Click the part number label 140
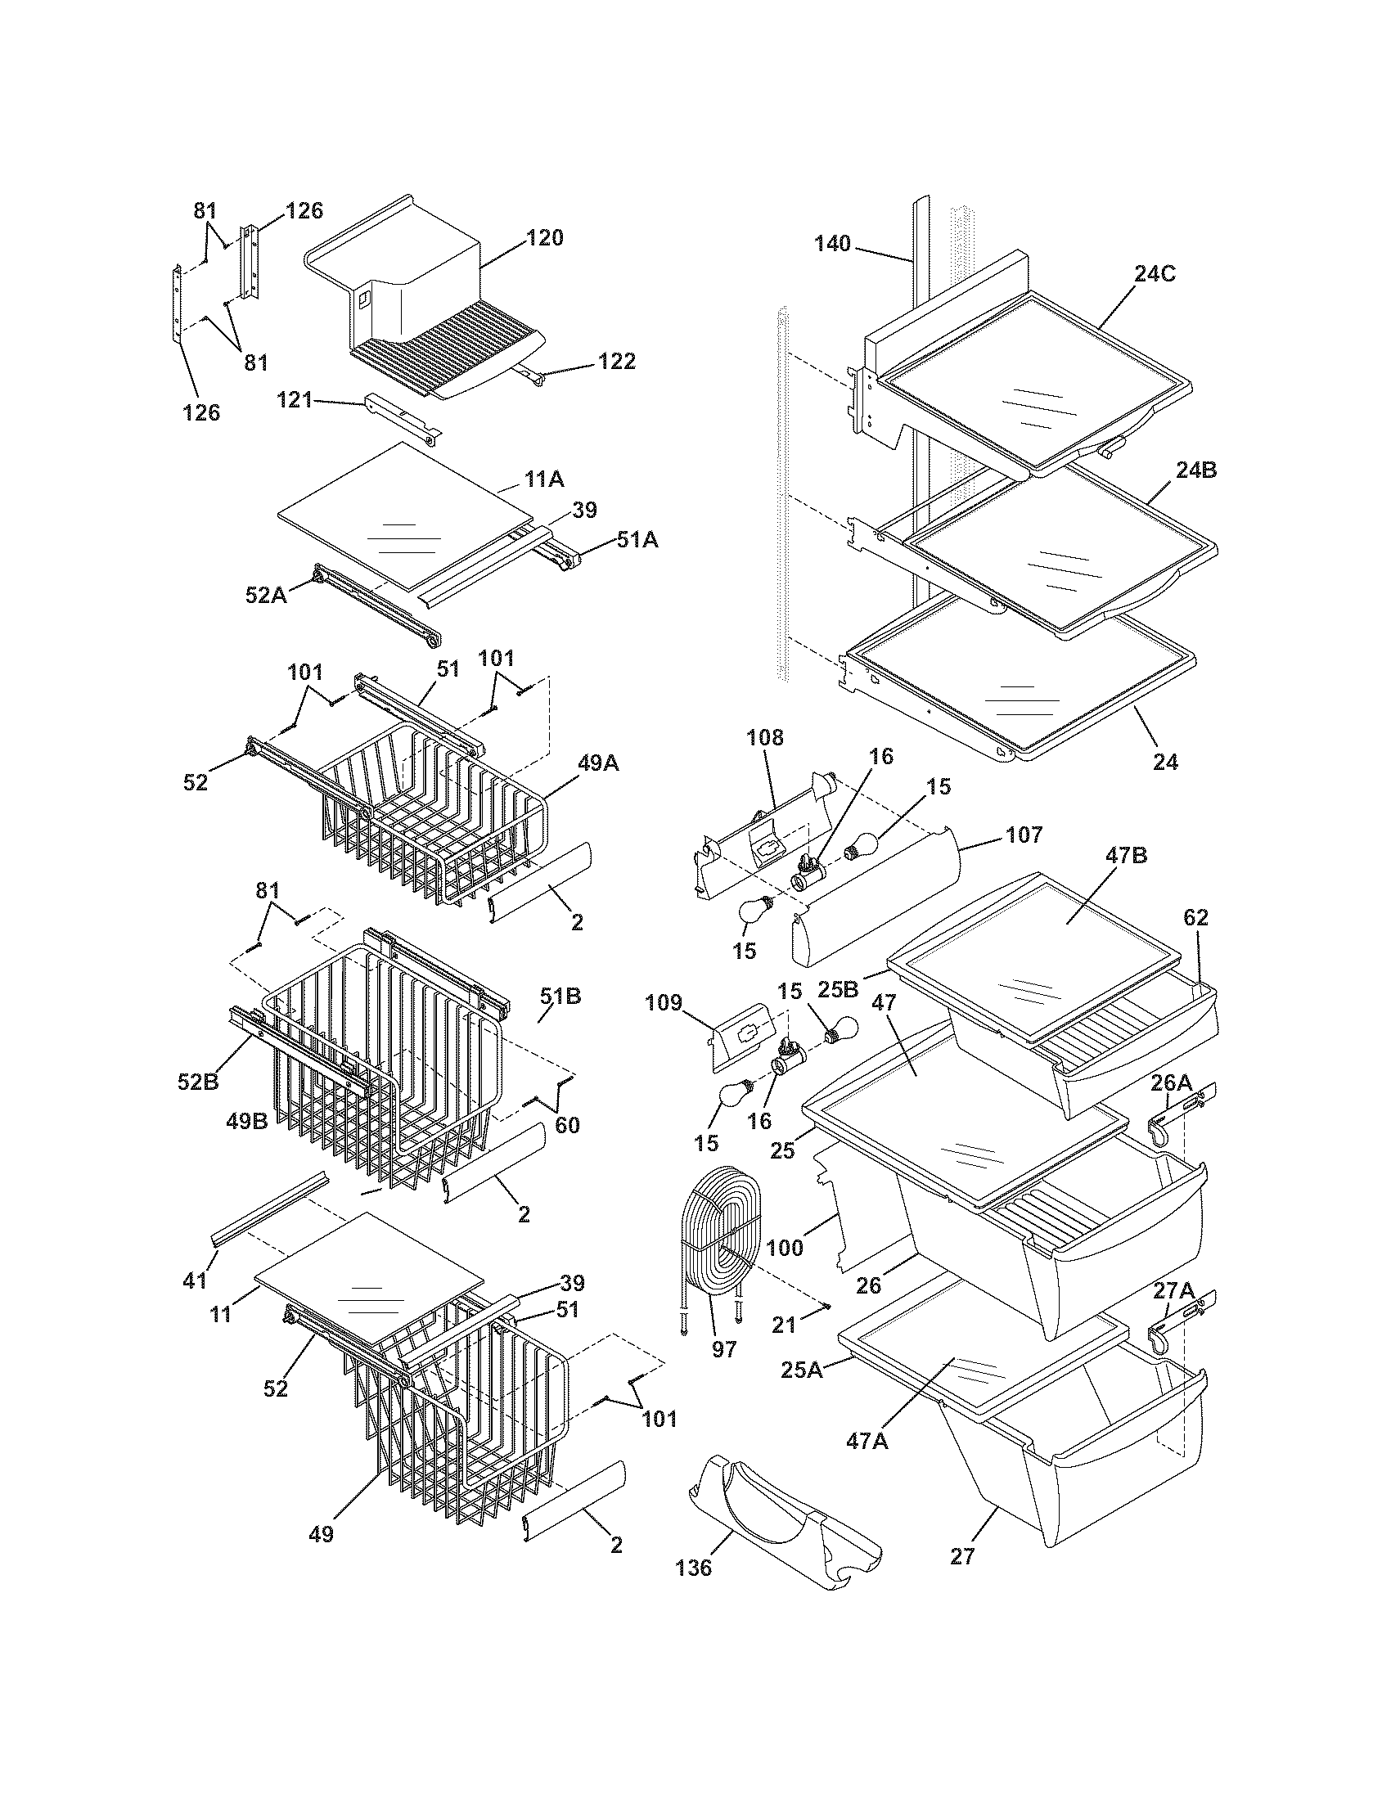[832, 244]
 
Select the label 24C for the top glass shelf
[1155, 274]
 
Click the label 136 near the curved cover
[693, 1568]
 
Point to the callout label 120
[545, 238]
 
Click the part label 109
[664, 1003]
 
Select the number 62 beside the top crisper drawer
[1195, 917]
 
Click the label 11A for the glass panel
[543, 479]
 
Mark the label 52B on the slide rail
[199, 1082]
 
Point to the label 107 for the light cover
[1024, 835]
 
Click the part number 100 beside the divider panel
[784, 1248]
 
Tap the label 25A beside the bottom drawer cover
[802, 1370]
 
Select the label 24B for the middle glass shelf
[1195, 470]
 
